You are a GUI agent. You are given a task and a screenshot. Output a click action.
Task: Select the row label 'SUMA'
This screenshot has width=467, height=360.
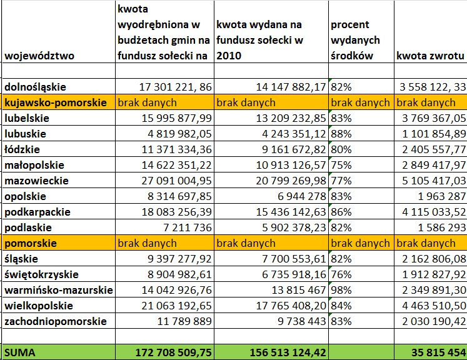pos(20,352)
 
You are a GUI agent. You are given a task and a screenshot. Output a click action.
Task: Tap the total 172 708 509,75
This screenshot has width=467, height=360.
pos(174,352)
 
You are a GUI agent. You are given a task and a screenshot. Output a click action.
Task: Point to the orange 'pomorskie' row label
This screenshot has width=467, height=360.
pos(31,243)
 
